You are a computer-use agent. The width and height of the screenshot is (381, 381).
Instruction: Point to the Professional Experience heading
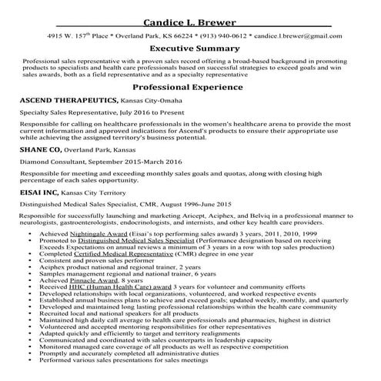(x=189, y=88)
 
